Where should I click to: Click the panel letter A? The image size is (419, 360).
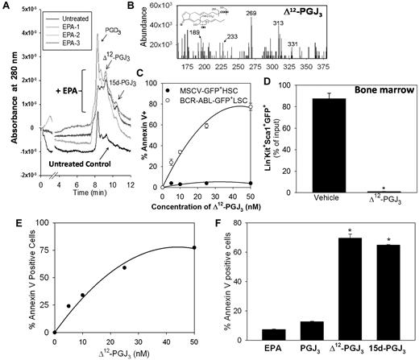click(x=6, y=6)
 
